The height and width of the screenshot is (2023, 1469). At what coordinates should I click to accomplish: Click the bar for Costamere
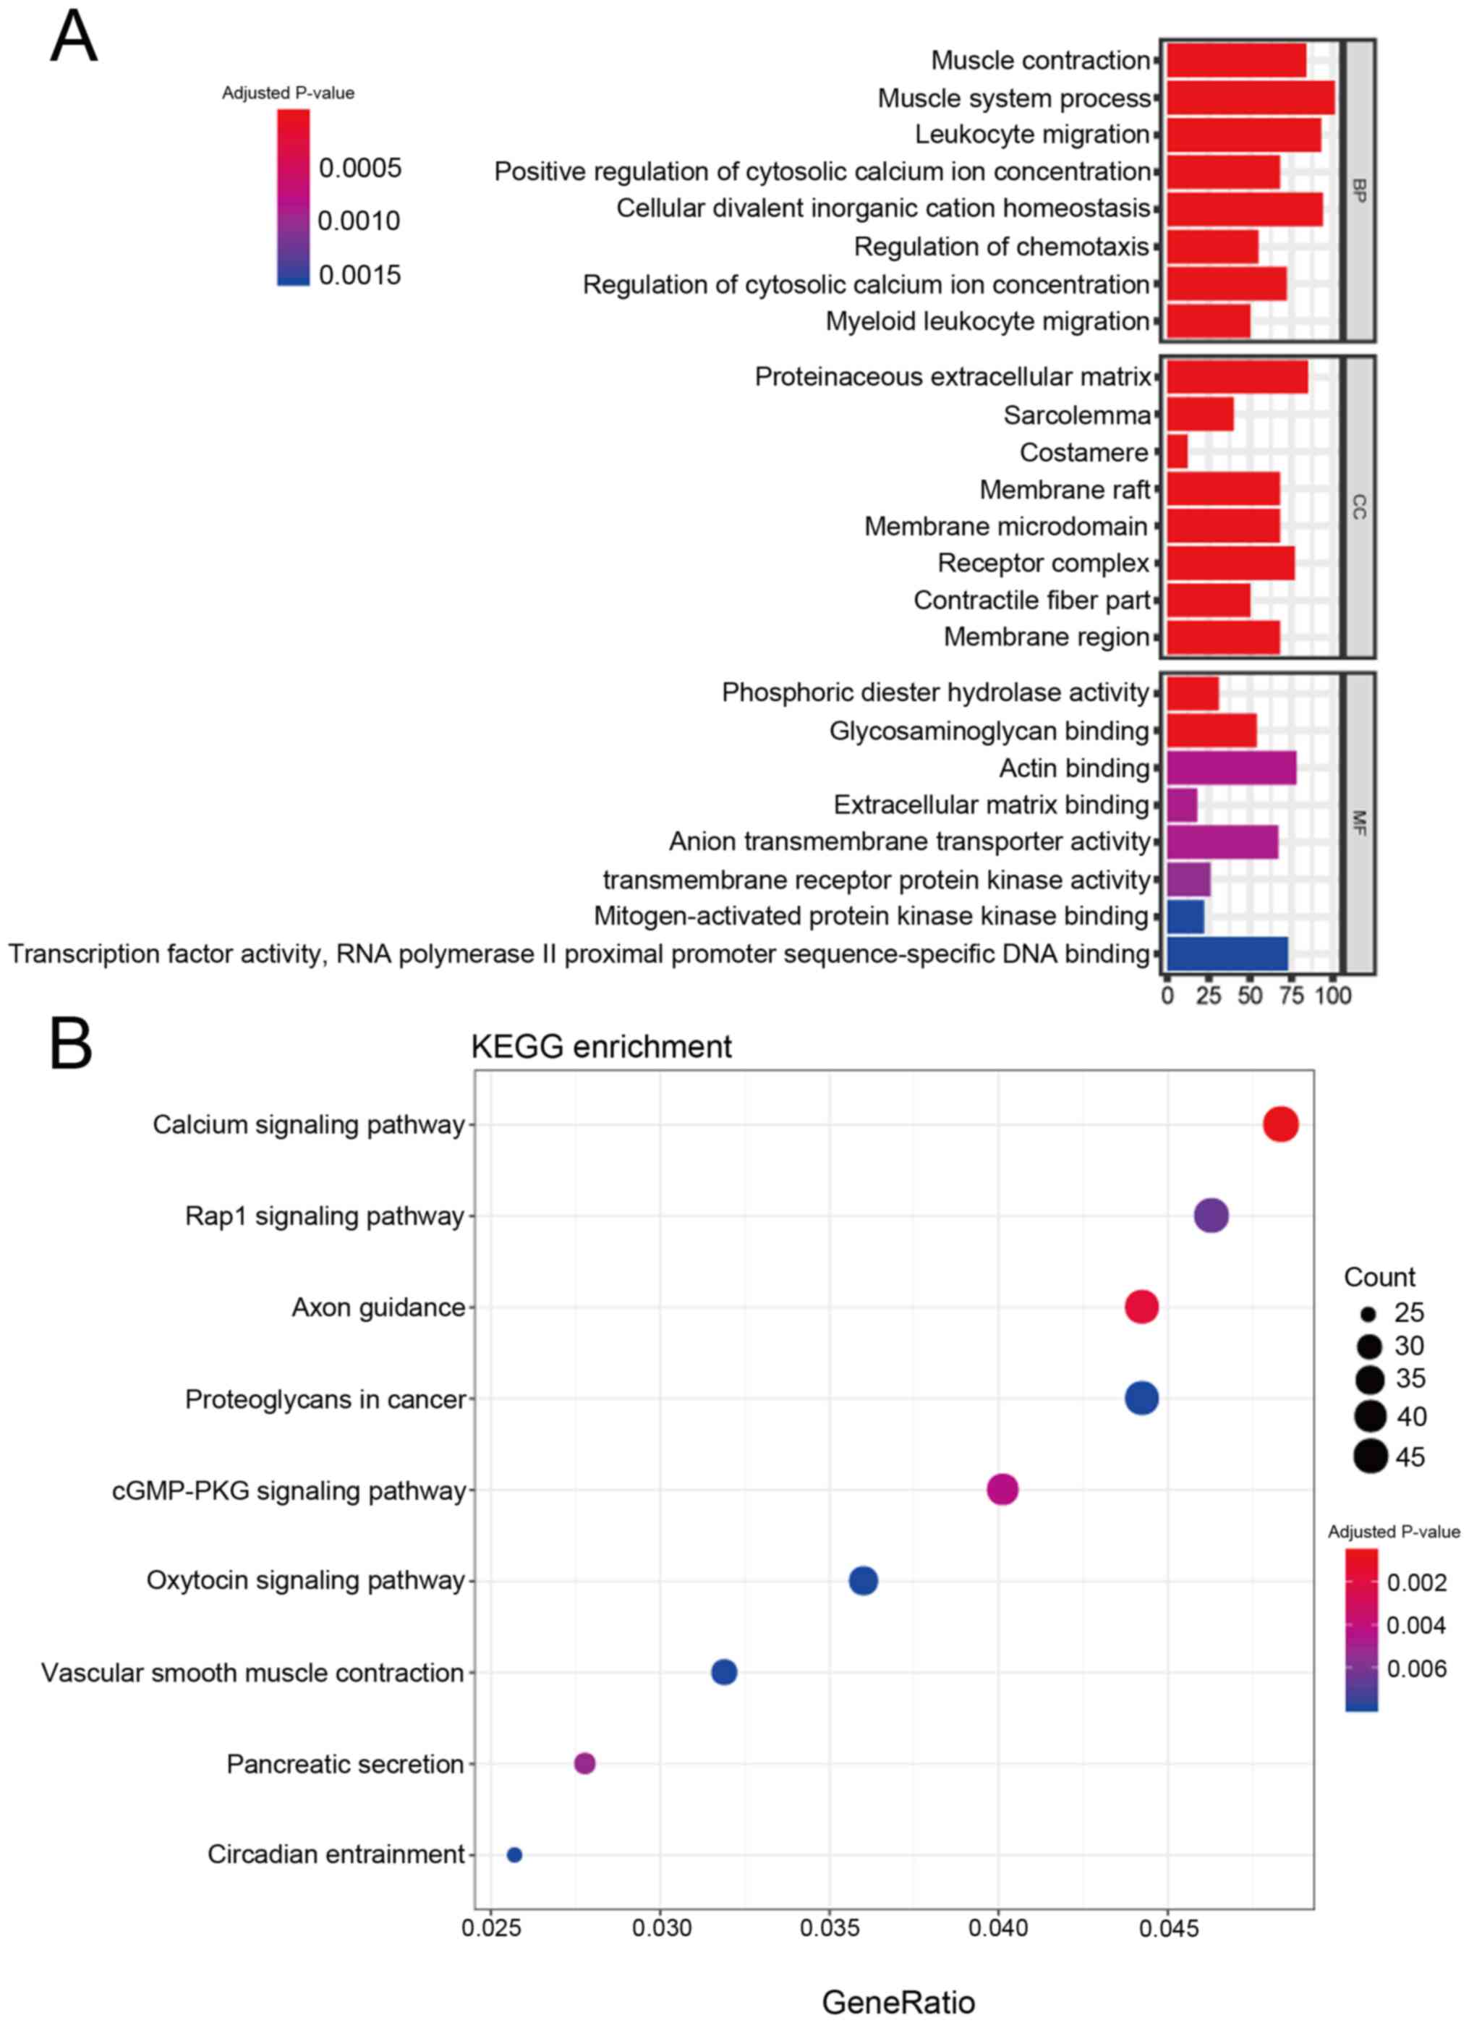click(1177, 452)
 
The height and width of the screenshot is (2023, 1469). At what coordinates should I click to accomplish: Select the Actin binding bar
click(1231, 768)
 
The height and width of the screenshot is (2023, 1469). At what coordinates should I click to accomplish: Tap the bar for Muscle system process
click(1250, 97)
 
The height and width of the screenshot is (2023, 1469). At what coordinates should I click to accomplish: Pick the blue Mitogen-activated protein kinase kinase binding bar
click(1185, 916)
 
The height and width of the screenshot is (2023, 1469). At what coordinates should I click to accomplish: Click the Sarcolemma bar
click(1200, 415)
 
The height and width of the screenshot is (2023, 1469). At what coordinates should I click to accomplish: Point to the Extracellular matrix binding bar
click(1182, 805)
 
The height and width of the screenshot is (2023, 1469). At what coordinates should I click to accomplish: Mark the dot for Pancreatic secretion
click(584, 1763)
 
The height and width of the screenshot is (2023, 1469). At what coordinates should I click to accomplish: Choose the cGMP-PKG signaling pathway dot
click(1002, 1490)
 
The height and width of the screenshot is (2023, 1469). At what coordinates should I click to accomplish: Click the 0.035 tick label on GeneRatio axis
click(830, 1928)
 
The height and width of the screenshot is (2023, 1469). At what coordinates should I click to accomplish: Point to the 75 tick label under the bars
click(1292, 996)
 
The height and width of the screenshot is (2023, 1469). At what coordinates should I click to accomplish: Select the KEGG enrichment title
click(601, 1046)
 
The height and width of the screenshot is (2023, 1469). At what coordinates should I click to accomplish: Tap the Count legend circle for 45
click(1370, 1456)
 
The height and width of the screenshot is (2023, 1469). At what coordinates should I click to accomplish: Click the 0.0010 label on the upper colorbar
click(359, 221)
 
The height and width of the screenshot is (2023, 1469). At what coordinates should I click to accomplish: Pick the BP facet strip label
click(1358, 190)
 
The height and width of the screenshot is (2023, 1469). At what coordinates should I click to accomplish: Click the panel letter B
click(72, 1043)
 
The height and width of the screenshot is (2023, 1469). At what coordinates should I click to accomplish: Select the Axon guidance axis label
click(378, 1307)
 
